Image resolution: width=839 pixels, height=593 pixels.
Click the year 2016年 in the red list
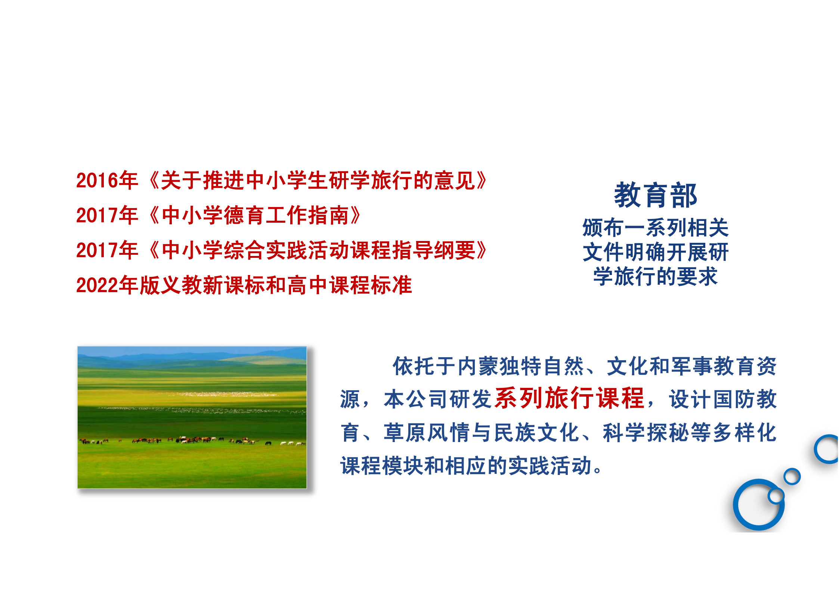107,180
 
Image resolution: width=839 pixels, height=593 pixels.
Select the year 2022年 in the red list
107,285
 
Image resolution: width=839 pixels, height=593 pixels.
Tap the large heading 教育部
656,195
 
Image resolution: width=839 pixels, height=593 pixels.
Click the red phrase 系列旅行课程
569,398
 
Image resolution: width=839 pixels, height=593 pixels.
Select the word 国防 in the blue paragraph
734,399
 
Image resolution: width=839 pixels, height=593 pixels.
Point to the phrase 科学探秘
645,433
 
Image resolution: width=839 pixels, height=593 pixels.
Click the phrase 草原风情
427,433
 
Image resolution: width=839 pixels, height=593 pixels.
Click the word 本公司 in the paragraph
416,399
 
